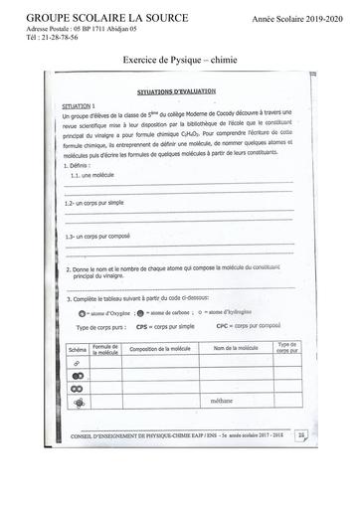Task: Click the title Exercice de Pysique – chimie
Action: click(179, 60)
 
